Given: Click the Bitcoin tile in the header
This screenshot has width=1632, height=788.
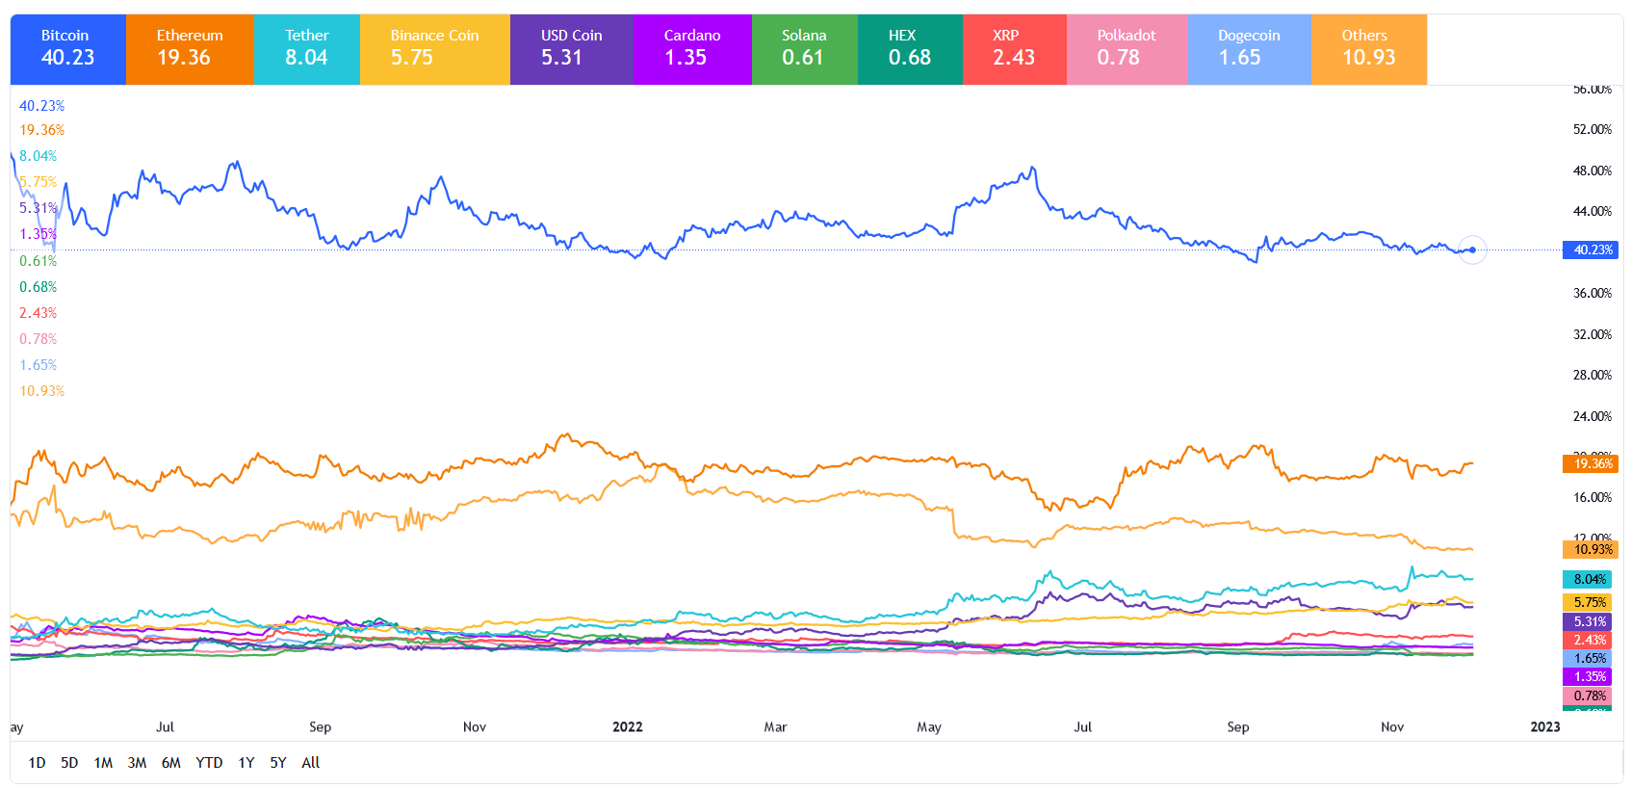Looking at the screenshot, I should coord(67,48).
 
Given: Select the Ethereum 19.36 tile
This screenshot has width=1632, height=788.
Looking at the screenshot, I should coord(190,48).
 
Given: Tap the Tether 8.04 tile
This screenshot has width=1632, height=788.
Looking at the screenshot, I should coord(306,48).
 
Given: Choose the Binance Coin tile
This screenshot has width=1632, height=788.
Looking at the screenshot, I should coord(434,48).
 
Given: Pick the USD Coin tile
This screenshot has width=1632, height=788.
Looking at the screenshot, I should coord(571,48).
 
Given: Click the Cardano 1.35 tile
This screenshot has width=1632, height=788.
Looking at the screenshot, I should coord(691,48).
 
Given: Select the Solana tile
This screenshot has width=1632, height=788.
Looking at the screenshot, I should coord(804,48).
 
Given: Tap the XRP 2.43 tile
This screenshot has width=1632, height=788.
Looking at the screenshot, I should coord(1014,48).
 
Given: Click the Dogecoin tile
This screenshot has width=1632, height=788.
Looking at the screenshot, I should coord(1249,48).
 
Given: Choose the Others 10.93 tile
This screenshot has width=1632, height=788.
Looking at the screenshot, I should coord(1368,48).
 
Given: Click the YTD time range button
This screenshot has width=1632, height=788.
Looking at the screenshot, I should coord(209,763).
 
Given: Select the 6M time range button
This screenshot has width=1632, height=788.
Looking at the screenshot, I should coord(171,763).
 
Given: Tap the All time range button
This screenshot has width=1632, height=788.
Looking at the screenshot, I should coord(310,763).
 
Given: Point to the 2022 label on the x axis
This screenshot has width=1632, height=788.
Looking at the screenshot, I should coord(628,727).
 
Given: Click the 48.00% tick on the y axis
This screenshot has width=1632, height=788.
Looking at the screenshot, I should coord(1592,171).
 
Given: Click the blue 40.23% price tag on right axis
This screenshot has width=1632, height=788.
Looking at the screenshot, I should coord(1591,250).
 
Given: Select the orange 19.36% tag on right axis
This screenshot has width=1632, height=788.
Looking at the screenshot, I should coord(1591,463).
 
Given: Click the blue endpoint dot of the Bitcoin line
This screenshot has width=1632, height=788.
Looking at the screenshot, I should coord(1472,250).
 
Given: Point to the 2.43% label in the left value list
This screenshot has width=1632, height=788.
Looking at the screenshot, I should coord(39,313).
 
